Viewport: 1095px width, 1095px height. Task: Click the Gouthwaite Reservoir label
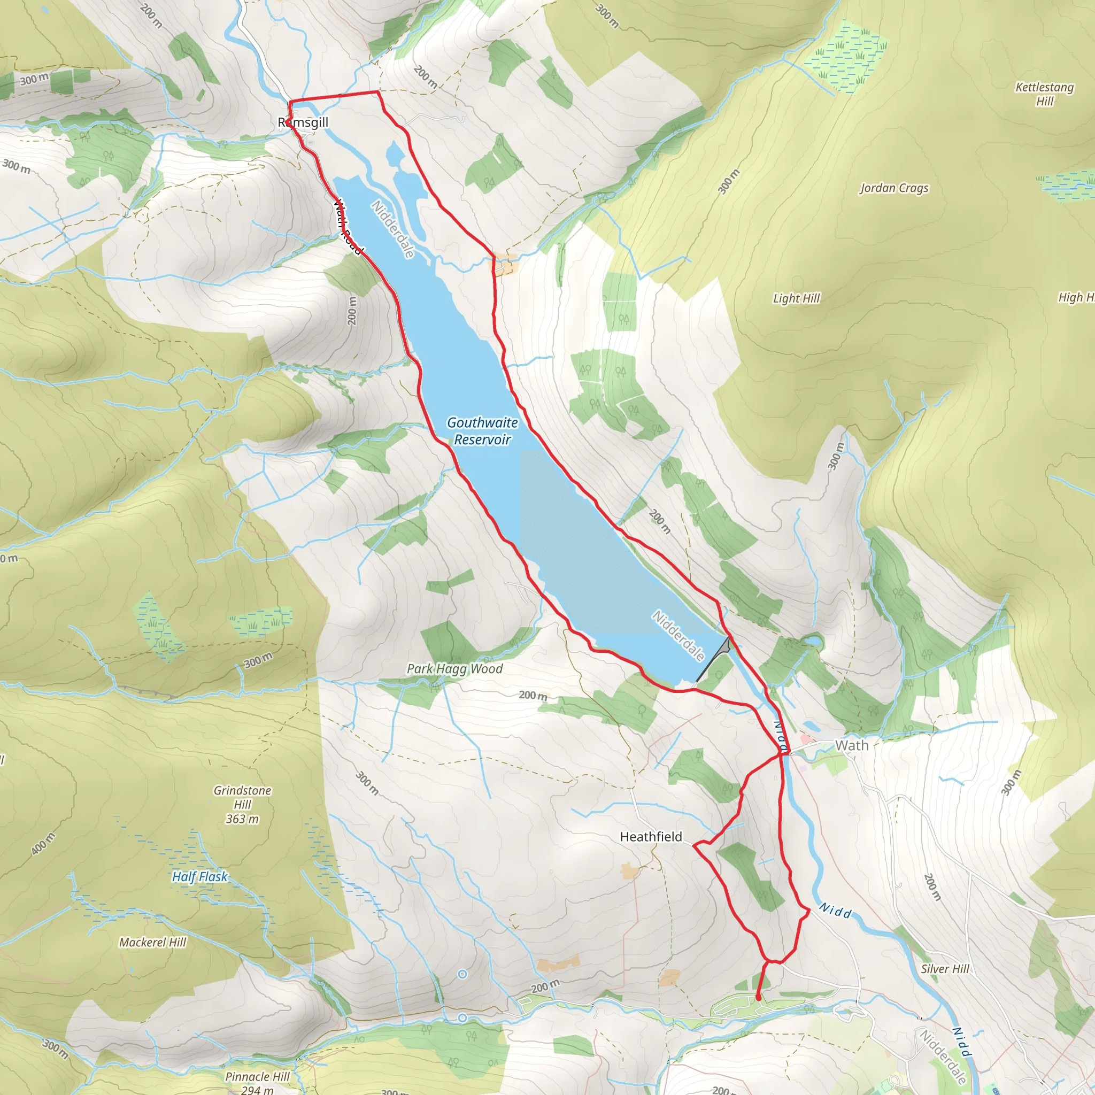pyautogui.click(x=482, y=431)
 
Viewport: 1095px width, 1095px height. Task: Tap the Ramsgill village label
pyautogui.click(x=303, y=122)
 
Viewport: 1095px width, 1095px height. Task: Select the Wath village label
pyautogui.click(x=851, y=746)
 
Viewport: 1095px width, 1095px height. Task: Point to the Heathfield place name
pyautogui.click(x=651, y=837)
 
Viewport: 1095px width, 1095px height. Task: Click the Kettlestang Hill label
pyautogui.click(x=1044, y=94)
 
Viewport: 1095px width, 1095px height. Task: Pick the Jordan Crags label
pyautogui.click(x=894, y=188)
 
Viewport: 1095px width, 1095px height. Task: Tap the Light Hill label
pyautogui.click(x=796, y=298)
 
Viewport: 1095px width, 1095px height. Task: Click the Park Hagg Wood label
pyautogui.click(x=454, y=669)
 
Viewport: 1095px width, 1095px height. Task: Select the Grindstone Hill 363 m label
pyautogui.click(x=243, y=805)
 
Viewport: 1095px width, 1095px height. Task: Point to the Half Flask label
pyautogui.click(x=199, y=877)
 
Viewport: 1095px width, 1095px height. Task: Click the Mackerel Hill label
pyautogui.click(x=152, y=942)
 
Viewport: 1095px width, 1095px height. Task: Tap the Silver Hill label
pyautogui.click(x=945, y=969)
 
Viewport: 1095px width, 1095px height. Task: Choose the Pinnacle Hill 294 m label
pyautogui.click(x=257, y=1082)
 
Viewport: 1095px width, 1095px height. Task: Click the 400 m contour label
pyautogui.click(x=44, y=844)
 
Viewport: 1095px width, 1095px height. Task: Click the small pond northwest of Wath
pyautogui.click(x=812, y=641)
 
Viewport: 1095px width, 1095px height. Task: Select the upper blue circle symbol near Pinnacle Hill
pyautogui.click(x=462, y=974)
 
